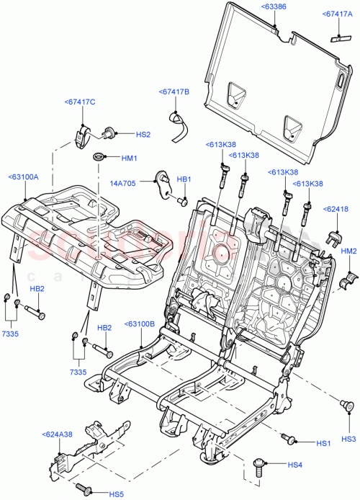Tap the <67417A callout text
[338, 14]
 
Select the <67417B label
[174, 92]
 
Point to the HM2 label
[348, 251]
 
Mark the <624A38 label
[57, 434]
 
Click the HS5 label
[116, 494]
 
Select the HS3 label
[348, 439]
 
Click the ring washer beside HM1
[97, 157]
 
